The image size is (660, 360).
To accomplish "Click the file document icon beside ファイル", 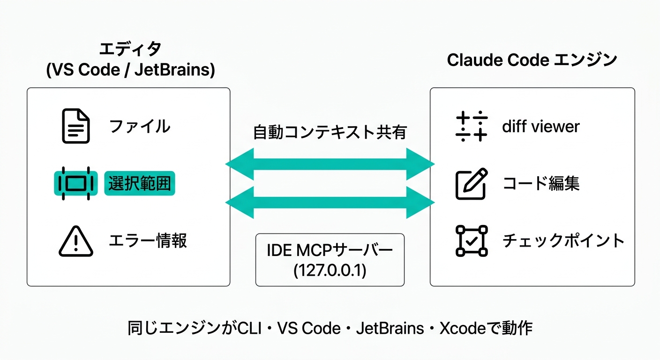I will click(75, 126).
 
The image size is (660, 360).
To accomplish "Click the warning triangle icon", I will click(75, 241).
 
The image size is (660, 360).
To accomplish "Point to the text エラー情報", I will click(148, 241).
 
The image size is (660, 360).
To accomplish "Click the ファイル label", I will click(139, 127).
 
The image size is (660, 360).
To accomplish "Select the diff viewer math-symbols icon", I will click(472, 127).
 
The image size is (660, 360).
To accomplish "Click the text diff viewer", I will click(540, 127).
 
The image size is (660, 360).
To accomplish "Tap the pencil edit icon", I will click(472, 184).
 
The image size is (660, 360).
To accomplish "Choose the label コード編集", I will click(541, 184).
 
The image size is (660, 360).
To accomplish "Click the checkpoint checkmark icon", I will click(472, 241).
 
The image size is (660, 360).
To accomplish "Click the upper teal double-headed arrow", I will click(330, 164).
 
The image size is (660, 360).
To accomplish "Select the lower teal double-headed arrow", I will click(330, 202).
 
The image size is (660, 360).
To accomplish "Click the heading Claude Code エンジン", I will click(532, 60).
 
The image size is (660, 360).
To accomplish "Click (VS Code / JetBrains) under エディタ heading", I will click(130, 70).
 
